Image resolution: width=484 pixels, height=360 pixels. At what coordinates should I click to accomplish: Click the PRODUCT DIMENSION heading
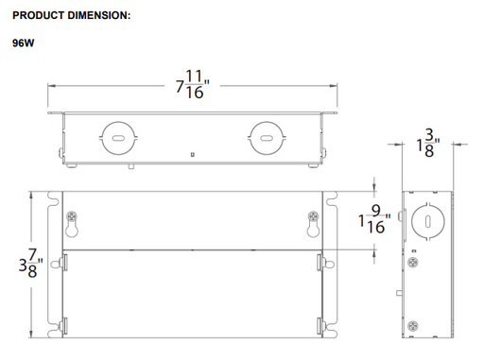tap(71, 15)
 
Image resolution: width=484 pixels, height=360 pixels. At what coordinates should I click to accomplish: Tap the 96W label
tap(24, 43)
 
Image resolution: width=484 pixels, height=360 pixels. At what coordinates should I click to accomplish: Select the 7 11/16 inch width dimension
tap(193, 84)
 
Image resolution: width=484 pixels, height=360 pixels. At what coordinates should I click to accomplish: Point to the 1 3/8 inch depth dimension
tap(428, 143)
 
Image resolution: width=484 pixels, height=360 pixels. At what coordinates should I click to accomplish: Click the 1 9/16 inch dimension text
tap(374, 219)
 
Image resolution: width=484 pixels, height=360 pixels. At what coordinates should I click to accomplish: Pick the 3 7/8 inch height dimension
tap(30, 263)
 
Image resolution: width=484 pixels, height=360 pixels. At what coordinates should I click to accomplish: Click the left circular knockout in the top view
tap(118, 138)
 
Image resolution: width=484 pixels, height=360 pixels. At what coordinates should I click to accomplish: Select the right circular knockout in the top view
tap(267, 138)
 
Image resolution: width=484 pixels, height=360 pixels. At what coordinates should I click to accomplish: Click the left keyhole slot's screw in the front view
tap(72, 216)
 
